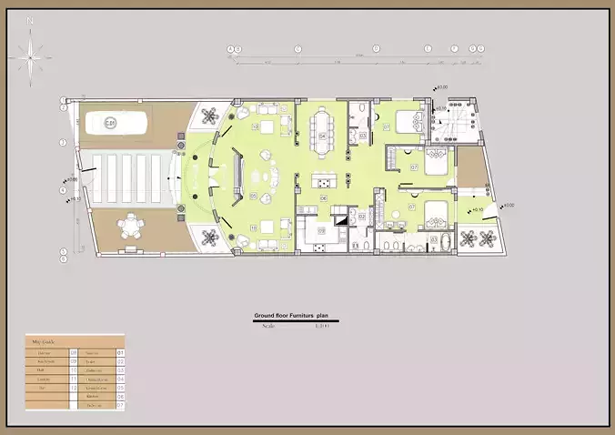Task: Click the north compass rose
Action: coord(33,56)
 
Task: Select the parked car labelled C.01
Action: coord(121,123)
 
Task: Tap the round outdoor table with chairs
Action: coord(134,227)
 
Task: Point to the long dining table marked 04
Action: coord(323,128)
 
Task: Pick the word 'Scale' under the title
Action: coord(267,325)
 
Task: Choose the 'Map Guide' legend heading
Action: coord(44,342)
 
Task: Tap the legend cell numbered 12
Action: coord(73,386)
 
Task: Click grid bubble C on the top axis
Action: coord(297,48)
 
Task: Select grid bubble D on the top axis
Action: coord(375,48)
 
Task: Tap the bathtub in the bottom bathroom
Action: coord(433,243)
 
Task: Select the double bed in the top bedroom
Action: coord(408,121)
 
